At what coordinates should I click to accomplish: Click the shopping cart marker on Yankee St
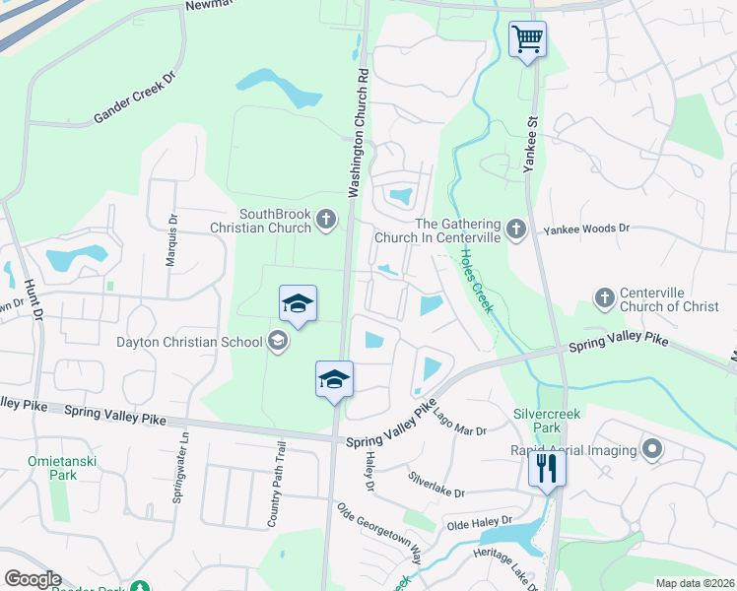(x=527, y=40)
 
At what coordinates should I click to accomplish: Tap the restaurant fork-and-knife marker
(x=547, y=468)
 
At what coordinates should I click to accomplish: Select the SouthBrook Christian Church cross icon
(x=327, y=222)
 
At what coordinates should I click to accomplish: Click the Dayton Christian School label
(x=202, y=342)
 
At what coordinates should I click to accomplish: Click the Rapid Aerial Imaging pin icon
(x=650, y=450)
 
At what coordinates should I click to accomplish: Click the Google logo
(x=33, y=579)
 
